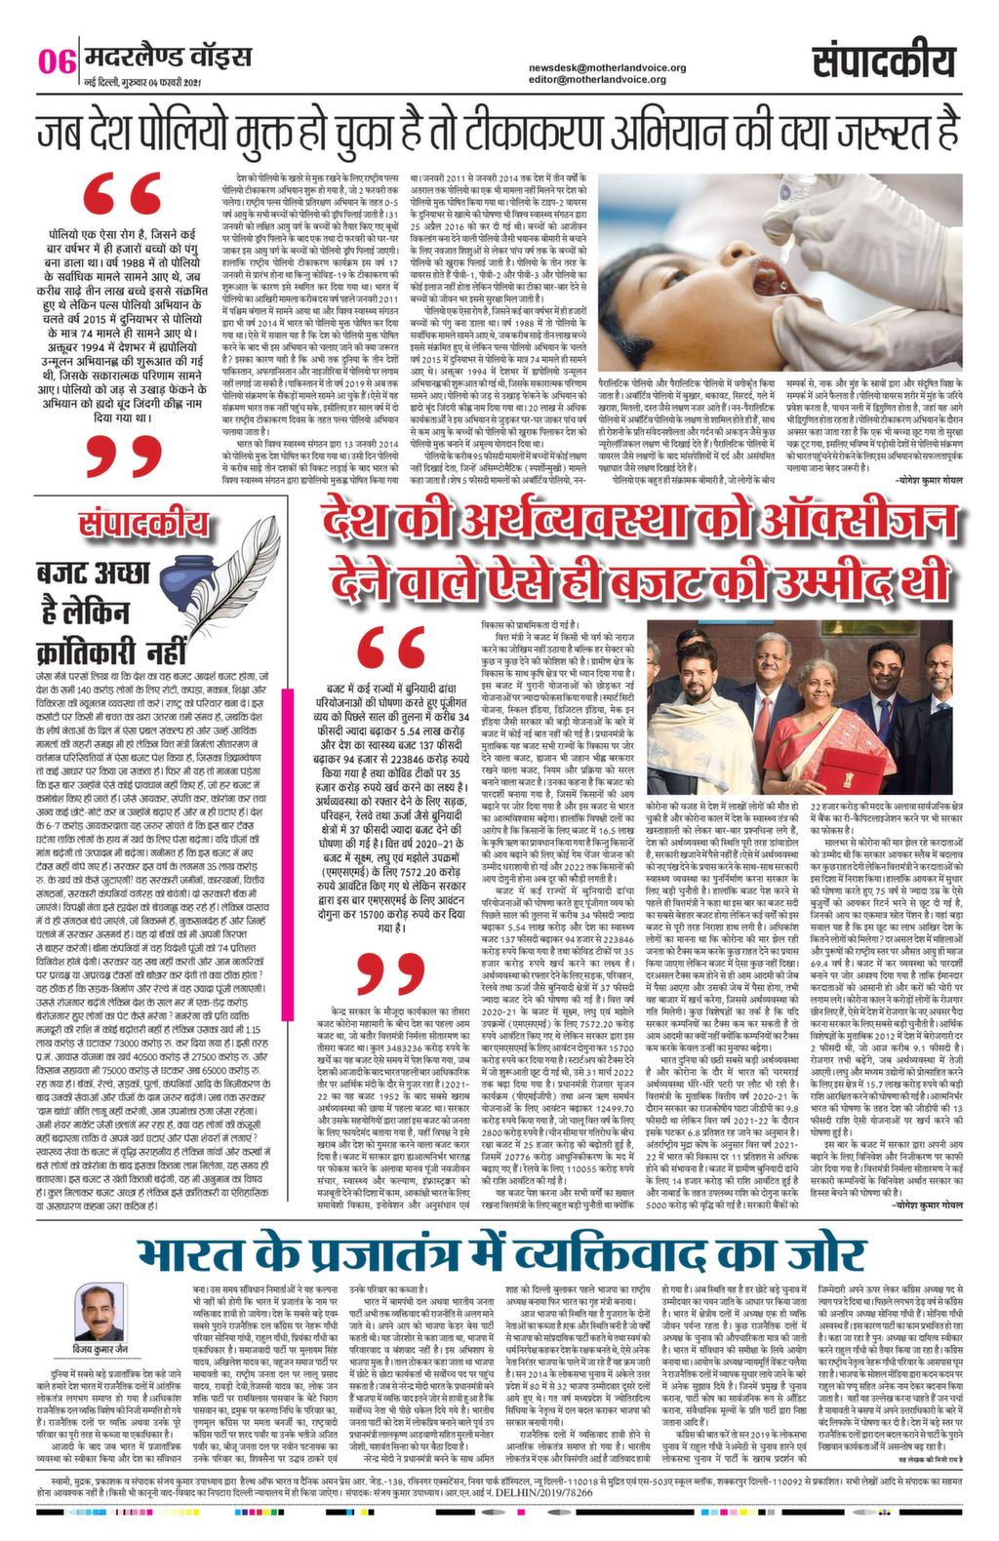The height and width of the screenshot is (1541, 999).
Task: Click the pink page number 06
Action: (57, 63)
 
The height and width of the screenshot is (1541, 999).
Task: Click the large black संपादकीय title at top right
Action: (883, 64)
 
